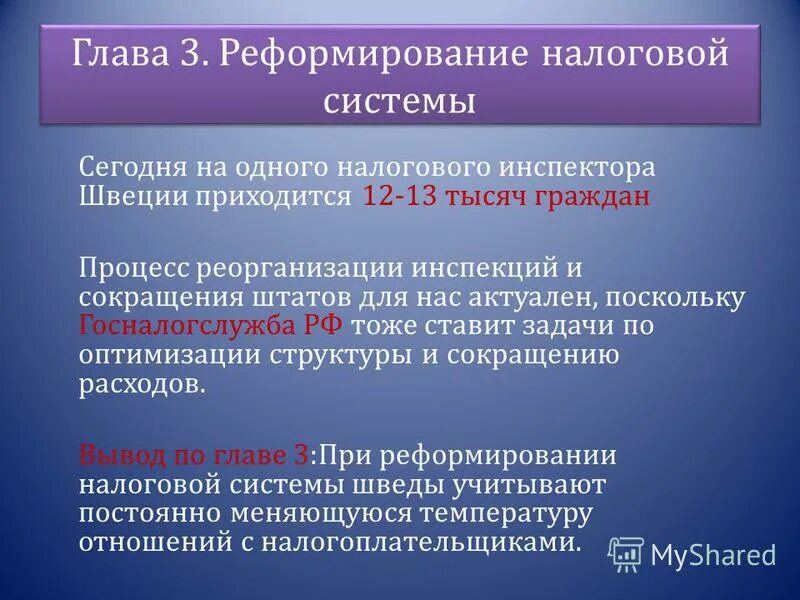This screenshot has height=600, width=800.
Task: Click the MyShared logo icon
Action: coord(626,553)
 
